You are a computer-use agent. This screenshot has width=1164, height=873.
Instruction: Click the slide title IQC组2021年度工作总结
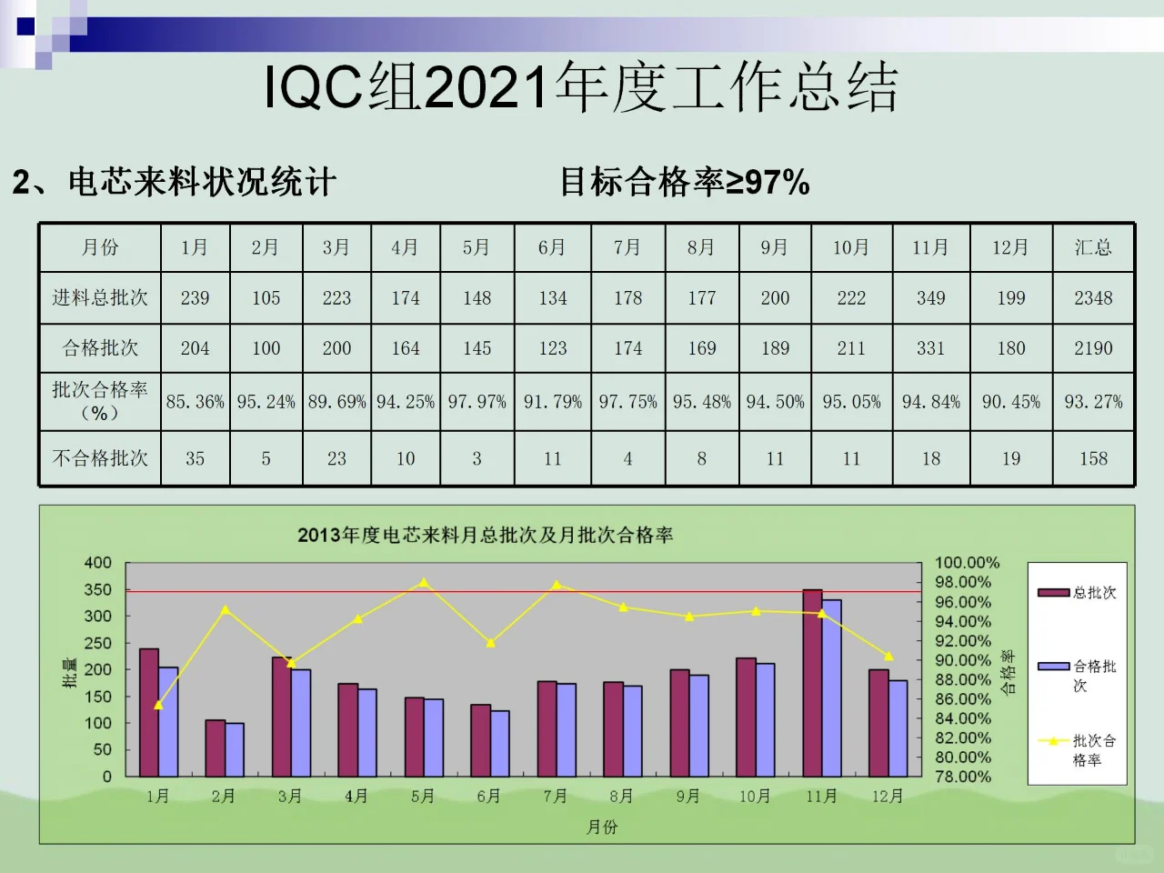pos(581,87)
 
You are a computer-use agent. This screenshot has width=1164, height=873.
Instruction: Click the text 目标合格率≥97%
pos(684,182)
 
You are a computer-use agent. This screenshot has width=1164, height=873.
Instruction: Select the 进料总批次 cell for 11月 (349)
pos(930,298)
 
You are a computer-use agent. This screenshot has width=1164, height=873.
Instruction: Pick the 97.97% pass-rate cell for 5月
pos(477,401)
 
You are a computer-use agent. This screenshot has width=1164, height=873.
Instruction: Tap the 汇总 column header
pos(1093,247)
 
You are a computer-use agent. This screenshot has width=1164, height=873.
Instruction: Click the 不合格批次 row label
pos(100,458)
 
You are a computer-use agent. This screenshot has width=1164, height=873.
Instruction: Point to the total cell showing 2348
pos(1093,298)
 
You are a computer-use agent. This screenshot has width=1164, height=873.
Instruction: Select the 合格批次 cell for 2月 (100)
pos(266,348)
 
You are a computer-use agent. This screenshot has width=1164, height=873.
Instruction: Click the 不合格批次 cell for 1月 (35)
pos(195,458)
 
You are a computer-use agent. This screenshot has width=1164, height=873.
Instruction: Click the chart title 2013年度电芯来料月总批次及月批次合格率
pos(485,535)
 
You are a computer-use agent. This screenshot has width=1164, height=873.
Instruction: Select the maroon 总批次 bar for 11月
pos(812,682)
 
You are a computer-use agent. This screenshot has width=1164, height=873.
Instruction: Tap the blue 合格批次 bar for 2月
pos(235,749)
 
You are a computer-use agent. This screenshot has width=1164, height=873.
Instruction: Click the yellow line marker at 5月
pos(424,583)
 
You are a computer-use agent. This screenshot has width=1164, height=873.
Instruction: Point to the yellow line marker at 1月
pos(159,705)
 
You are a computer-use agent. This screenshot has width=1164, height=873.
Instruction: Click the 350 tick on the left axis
pos(98,589)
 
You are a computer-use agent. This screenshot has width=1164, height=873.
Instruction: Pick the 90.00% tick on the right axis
pos(963,660)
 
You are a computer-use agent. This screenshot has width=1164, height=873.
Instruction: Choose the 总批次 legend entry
pos(1078,593)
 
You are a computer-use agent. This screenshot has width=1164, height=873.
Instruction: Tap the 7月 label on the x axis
pos(555,797)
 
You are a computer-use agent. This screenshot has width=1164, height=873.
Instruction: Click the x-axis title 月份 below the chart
pos(602,827)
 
